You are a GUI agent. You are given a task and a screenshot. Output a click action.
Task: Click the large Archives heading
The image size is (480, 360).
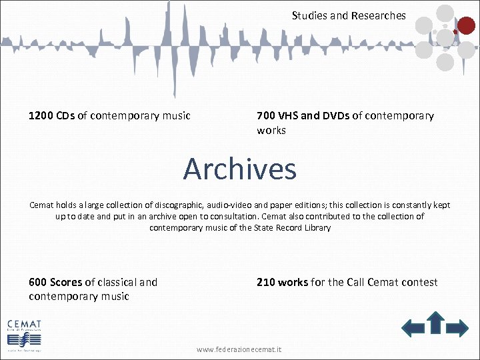239,169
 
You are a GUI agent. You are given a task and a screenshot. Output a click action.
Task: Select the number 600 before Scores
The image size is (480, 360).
38,283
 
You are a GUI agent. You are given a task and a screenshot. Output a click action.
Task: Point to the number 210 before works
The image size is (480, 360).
266,283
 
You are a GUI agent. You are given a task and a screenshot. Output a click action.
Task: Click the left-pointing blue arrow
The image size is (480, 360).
413,327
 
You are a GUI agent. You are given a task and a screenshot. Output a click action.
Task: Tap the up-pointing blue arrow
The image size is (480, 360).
435,322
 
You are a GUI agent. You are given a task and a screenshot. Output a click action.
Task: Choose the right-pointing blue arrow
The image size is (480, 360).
457,327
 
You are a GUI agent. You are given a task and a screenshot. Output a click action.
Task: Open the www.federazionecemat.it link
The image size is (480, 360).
239,349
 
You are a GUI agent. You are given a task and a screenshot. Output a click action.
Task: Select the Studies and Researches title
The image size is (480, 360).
349,15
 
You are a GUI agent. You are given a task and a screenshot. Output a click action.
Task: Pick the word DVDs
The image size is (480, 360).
336,116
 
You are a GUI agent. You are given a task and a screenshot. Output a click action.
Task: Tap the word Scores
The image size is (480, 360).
67,283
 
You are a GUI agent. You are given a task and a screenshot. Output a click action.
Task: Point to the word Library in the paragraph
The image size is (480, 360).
317,228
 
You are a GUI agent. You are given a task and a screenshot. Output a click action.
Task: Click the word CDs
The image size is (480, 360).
65,116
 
